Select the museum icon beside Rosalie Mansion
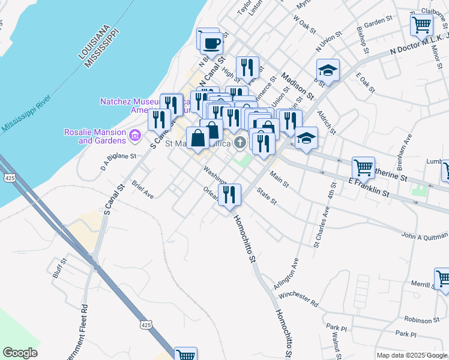[134, 137]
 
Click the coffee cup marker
[211, 43]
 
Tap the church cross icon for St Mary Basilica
[240, 142]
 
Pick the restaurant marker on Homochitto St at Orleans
[229, 194]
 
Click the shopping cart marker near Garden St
[421, 25]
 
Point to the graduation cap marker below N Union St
[328, 70]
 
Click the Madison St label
[298, 86]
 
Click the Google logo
[20, 353]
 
